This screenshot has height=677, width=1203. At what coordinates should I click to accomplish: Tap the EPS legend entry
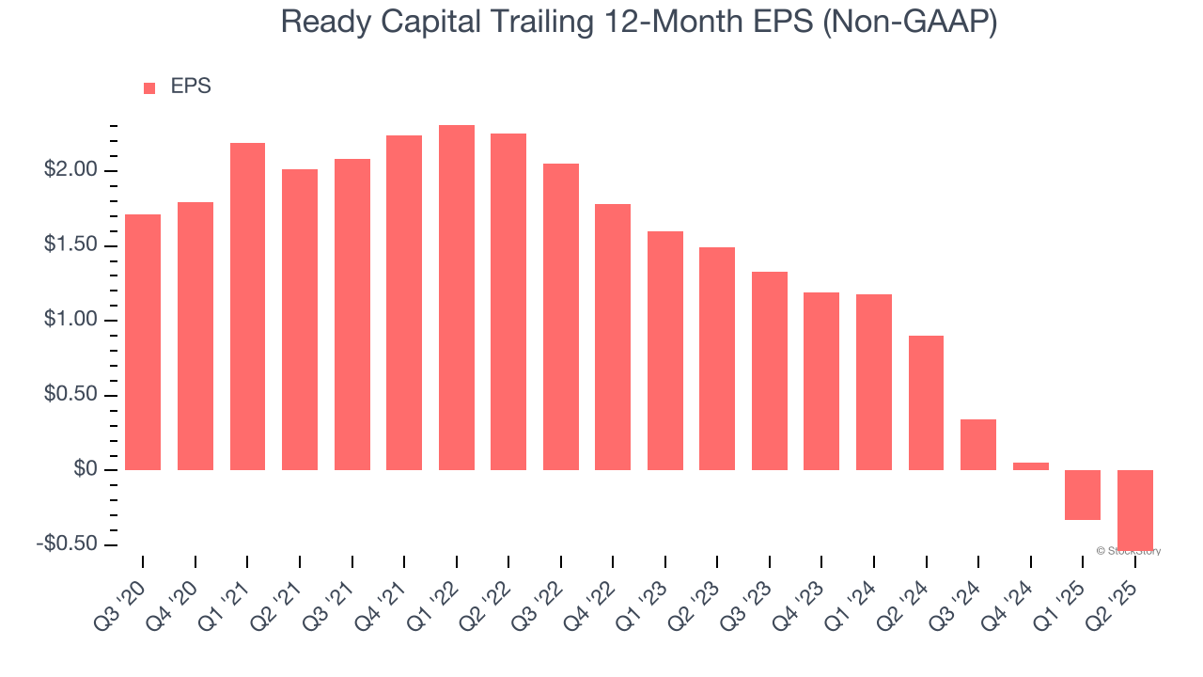coord(179,87)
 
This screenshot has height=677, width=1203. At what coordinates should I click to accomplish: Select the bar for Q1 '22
coord(457,297)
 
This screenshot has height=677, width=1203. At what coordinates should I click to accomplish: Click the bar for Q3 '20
coord(143,342)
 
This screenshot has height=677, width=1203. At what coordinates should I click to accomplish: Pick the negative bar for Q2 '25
coord(1134,509)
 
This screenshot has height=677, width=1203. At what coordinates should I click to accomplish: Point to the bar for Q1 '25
coord(1083,495)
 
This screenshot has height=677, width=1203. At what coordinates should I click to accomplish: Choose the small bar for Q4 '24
coord(1030,465)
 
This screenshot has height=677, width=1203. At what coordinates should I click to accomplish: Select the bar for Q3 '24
coord(978,445)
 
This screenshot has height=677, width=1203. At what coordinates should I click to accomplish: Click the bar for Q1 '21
coord(247,307)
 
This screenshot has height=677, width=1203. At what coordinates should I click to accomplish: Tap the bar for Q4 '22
coord(613,337)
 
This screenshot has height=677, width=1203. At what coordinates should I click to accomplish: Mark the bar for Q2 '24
coord(926,402)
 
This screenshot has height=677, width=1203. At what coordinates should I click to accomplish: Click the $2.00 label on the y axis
coord(70,170)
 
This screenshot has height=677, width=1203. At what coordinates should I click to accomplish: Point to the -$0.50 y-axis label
coord(68,544)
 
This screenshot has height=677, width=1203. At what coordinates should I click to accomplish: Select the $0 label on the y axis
coord(86,469)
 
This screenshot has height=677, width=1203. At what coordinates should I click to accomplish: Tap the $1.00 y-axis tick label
coord(70,320)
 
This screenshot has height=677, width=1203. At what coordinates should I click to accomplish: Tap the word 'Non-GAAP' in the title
coord(909,23)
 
